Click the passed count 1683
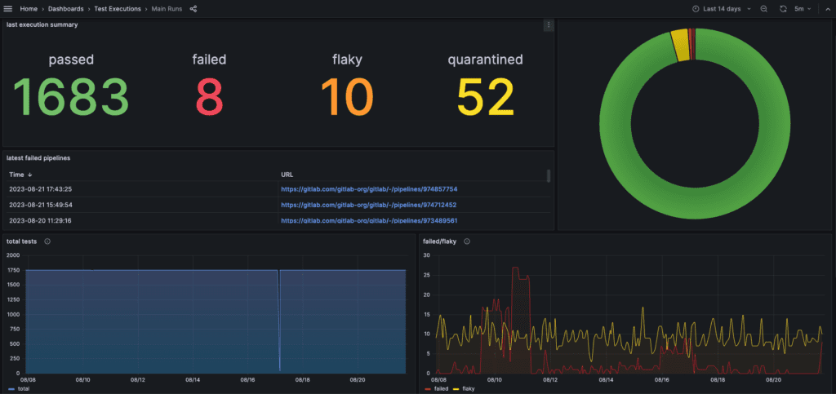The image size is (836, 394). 71,96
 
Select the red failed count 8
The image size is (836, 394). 209,96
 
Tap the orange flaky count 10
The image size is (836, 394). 346,96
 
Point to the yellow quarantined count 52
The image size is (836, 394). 485,96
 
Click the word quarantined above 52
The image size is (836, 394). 485,60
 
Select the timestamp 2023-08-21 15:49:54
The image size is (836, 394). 41,205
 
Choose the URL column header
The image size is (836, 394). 287,175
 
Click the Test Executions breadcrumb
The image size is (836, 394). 118,9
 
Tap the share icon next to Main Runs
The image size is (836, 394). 193,9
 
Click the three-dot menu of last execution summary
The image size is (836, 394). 549,25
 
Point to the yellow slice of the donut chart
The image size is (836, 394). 680,46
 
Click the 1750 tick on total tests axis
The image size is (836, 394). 15,270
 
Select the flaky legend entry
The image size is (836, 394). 465,389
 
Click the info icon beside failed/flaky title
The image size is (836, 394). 466,241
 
